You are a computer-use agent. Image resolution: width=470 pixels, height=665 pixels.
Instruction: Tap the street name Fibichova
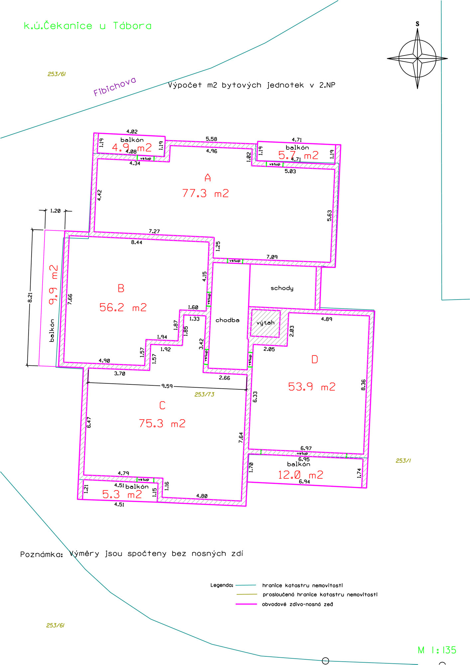pos(115,86)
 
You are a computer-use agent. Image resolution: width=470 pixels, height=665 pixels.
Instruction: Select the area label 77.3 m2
pos(205,193)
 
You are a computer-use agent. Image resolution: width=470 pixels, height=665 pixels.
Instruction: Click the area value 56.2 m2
pos(123,307)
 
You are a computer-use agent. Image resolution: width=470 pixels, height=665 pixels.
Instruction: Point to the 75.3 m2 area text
pos(162,423)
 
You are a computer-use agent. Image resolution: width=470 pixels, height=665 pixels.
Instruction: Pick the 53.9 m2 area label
pos(311,387)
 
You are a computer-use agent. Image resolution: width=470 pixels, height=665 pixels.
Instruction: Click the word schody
pos(282,288)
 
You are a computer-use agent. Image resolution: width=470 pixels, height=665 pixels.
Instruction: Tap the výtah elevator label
pos(266,323)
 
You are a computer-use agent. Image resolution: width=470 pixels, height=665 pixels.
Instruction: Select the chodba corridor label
pos(227,320)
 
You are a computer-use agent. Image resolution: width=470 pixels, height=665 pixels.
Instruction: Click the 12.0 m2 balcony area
pos(300,475)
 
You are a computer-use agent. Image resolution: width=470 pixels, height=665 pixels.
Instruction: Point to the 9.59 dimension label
pos(167,386)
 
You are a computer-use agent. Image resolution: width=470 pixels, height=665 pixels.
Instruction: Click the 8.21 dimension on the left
pos(30,297)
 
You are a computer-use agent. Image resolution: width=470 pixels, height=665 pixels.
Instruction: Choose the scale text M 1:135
pos(437,650)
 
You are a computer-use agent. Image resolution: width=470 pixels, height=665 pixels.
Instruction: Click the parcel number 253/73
pos(204,394)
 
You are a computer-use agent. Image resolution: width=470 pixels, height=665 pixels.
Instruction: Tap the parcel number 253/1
pos(403,461)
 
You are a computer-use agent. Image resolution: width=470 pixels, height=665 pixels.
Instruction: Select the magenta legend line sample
pos(246,604)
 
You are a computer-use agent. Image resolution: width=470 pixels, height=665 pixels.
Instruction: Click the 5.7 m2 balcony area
pos(298,155)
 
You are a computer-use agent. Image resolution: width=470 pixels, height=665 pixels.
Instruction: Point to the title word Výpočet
pos(185,85)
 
